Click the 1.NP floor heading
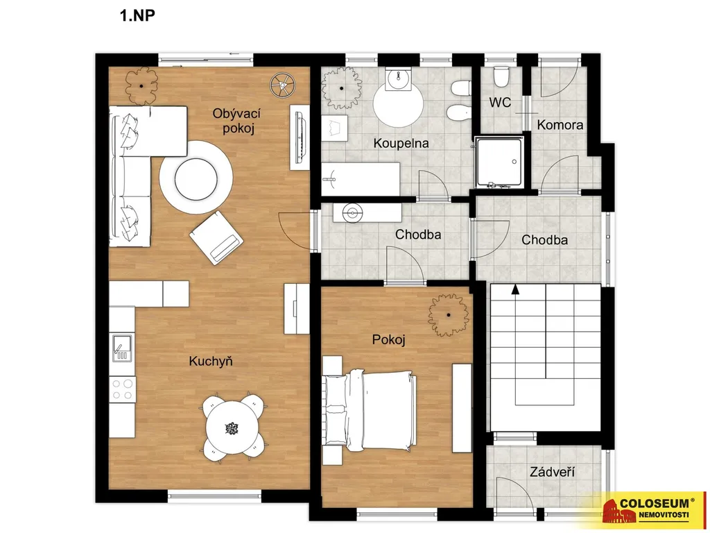click(137, 15)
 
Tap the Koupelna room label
click(401, 143)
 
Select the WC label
click(500, 103)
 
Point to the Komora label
click(560, 125)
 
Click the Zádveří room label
click(552, 472)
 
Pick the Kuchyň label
click(211, 361)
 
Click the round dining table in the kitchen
click(232, 428)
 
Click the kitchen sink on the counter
click(122, 348)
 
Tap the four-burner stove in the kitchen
click(122, 389)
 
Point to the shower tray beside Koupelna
click(499, 162)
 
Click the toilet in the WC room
click(501, 76)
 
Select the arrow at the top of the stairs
click(515, 289)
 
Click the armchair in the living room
click(216, 238)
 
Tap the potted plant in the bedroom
click(449, 314)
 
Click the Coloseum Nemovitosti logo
click(648, 510)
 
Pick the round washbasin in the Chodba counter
click(352, 212)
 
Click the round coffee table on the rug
click(196, 178)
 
